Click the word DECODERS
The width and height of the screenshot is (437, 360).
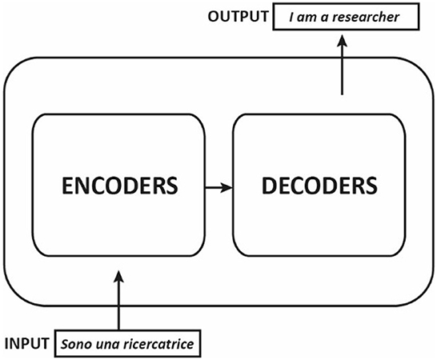point(319,186)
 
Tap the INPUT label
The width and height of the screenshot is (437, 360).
point(28,345)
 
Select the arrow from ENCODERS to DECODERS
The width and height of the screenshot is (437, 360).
point(218,186)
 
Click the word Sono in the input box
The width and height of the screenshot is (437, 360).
point(74,345)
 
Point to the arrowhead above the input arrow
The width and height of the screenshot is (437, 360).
point(119,277)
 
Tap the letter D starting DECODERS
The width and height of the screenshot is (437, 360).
point(267,186)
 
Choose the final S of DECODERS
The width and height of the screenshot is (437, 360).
point(370,186)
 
